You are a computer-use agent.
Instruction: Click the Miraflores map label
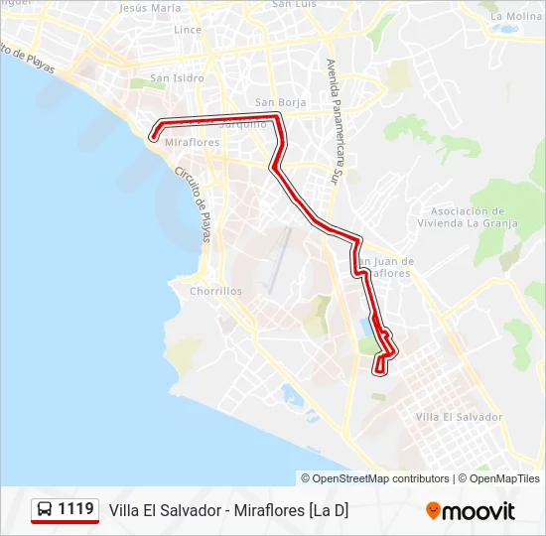click(192, 143)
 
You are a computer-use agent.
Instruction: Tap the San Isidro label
click(177, 77)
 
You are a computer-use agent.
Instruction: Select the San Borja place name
click(277, 102)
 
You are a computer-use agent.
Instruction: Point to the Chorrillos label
click(215, 292)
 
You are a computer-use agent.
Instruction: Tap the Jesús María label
click(150, 8)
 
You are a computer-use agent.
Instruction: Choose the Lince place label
click(188, 30)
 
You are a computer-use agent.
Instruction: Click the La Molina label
click(516, 17)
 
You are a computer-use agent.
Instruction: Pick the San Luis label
click(294, 4)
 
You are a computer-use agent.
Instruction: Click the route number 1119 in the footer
click(76, 509)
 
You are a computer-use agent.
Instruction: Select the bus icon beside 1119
click(46, 510)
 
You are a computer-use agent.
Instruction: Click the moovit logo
click(471, 511)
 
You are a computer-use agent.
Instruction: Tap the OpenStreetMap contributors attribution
click(375, 478)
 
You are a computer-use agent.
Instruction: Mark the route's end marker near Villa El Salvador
click(377, 371)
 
